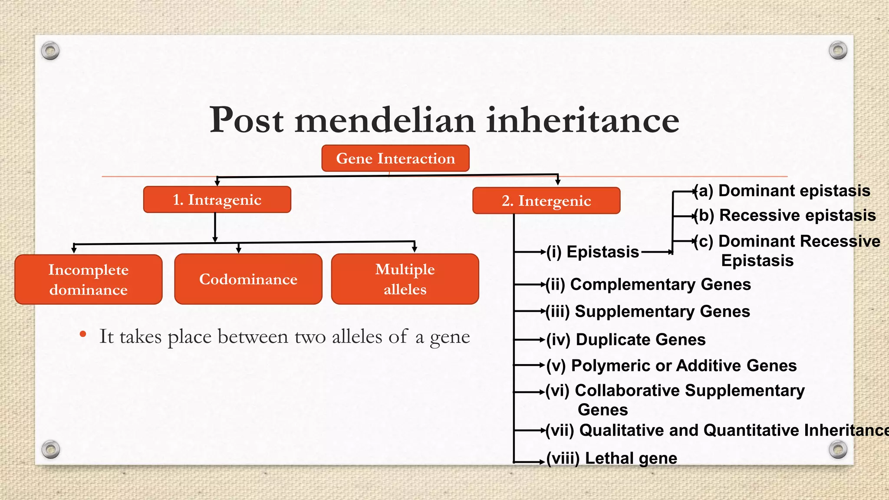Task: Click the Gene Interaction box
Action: pyautogui.click(x=395, y=158)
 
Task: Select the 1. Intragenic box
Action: pyautogui.click(x=217, y=200)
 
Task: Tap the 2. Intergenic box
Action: pyautogui.click(x=546, y=201)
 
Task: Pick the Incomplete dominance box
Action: pyautogui.click(x=89, y=280)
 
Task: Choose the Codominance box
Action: pyautogui.click(x=248, y=279)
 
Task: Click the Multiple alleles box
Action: pyautogui.click(x=405, y=279)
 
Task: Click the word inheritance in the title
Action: pyautogui.click(x=583, y=120)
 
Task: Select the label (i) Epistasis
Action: pyautogui.click(x=592, y=252)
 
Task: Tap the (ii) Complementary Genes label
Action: pyautogui.click(x=648, y=284)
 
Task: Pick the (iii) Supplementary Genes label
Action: pyautogui.click(x=648, y=312)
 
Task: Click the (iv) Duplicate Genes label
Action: pyautogui.click(x=626, y=339)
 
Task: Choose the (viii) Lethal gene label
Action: pyautogui.click(x=612, y=458)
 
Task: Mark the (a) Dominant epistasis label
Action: pyautogui.click(x=782, y=191)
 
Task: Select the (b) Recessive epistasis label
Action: pyautogui.click(x=785, y=215)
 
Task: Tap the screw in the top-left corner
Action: pyautogui.click(x=50, y=51)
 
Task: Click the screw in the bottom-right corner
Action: pyautogui.click(x=838, y=449)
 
